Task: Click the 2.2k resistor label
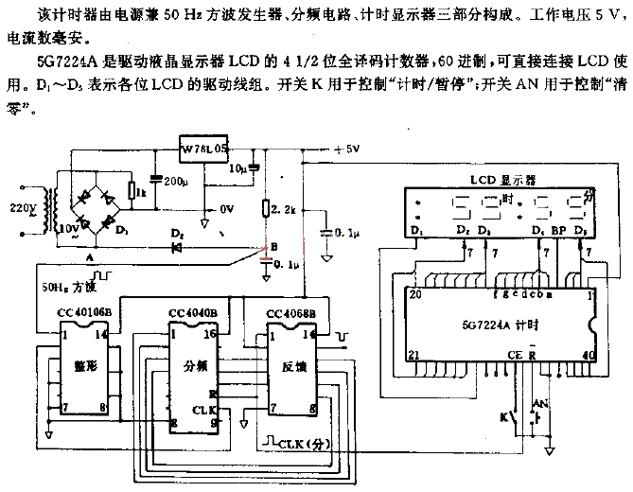point(284,208)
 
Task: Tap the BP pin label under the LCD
point(558,231)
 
